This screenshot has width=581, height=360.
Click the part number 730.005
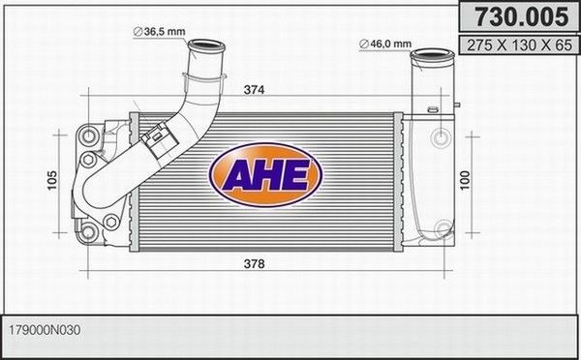[512, 15]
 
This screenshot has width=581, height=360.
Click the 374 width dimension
[255, 91]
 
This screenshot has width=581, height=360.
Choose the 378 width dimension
[255, 263]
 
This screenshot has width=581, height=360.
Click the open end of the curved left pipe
[205, 45]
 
